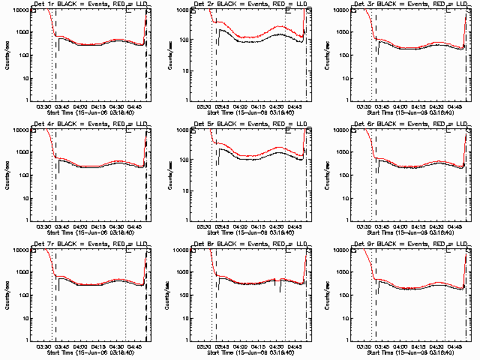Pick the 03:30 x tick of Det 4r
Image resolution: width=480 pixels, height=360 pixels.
(x=44, y=226)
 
